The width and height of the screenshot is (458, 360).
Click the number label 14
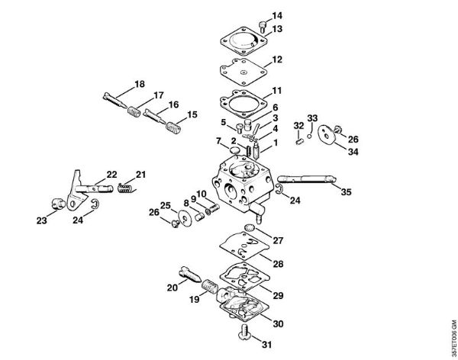point(255,16)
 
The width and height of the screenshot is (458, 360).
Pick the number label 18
point(140,83)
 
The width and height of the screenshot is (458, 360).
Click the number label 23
point(40,221)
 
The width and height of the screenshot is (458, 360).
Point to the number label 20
point(173,288)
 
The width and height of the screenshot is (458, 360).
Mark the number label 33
point(311,117)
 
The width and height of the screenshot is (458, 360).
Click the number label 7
point(218,141)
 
